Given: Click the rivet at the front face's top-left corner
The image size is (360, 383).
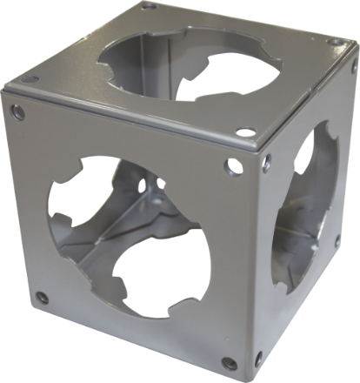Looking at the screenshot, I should [x=17, y=111].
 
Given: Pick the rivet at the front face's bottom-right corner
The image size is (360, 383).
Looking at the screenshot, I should [x=228, y=363].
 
